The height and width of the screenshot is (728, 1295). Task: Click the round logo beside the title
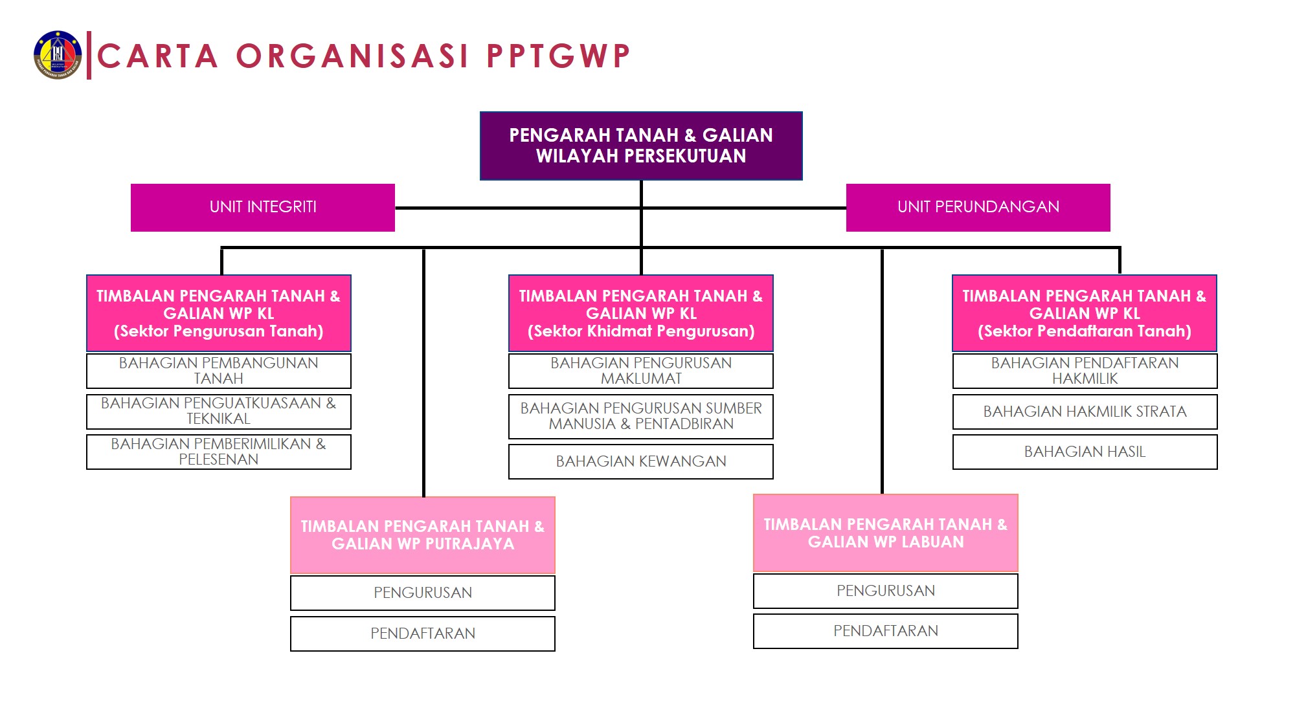point(58,55)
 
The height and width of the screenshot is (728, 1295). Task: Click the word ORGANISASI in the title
point(352,56)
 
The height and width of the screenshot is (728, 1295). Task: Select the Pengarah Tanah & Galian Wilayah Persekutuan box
point(641,146)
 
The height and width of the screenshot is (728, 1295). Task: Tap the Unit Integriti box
point(263,207)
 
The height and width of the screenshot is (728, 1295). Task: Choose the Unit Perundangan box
point(978,207)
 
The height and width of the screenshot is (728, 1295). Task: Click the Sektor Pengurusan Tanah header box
point(219,313)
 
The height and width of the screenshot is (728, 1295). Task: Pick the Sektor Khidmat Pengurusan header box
point(641,313)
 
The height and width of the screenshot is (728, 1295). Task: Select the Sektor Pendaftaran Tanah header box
point(1085,313)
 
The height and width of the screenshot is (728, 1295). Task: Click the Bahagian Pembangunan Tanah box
point(219,371)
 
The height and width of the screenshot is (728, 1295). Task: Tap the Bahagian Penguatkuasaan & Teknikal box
point(219,412)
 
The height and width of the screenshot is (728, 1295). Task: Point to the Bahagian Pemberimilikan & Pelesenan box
point(219,452)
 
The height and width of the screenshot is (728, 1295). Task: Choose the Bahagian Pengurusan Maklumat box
point(641,371)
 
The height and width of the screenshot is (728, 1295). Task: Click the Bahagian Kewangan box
point(641,461)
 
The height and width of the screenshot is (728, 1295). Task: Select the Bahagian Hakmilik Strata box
point(1085,412)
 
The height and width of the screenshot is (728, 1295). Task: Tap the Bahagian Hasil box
point(1085,452)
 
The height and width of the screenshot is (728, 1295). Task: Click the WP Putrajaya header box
point(423,535)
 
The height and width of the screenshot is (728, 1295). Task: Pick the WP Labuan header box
point(886,533)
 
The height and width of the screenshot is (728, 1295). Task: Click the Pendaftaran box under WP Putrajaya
point(423,634)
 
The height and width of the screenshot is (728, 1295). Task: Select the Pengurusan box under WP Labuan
point(886,591)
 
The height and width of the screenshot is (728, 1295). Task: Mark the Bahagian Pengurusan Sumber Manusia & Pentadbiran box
point(641,416)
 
